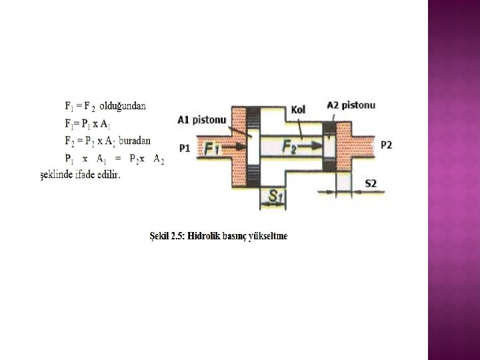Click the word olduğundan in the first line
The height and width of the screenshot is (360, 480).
123,105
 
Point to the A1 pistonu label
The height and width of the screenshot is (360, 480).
202,120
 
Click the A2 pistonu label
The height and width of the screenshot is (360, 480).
351,105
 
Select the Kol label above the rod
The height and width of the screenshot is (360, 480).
299,109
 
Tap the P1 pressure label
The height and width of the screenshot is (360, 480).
185,147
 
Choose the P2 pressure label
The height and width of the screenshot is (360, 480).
387,144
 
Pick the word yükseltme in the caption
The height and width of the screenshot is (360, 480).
267,236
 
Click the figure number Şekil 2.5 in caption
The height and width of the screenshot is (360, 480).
167,236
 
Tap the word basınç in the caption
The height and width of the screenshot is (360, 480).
236,236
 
